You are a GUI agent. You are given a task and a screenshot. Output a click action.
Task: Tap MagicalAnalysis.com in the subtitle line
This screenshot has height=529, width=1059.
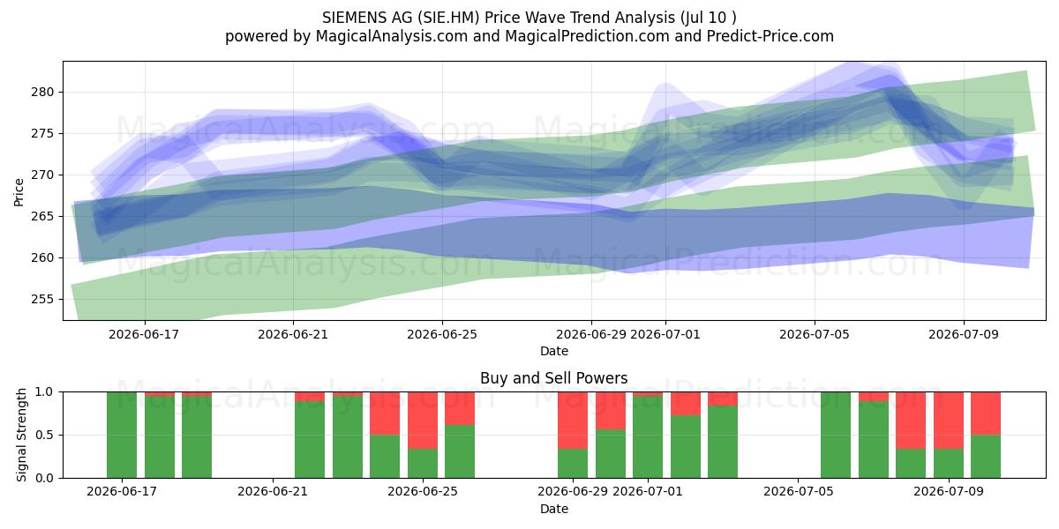pos(392,36)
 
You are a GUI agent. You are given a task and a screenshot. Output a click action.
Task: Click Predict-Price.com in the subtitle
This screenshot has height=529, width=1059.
pos(770,36)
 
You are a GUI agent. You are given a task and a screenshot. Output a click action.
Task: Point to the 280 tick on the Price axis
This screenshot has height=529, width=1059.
pos(42,92)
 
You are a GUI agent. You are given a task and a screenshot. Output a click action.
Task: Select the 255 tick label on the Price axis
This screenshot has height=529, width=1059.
pos(42,299)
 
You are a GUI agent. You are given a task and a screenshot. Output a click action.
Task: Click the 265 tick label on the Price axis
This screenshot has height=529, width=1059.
pos(42,216)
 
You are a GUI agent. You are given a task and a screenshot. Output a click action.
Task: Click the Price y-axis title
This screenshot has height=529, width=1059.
pos(19,192)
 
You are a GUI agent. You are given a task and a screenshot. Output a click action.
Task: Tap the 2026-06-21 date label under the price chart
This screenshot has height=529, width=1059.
pos(293,334)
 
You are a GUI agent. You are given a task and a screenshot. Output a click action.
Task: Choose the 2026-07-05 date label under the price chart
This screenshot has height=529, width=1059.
pos(814,334)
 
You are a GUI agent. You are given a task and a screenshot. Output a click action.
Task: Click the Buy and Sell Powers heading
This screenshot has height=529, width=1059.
pos(553,378)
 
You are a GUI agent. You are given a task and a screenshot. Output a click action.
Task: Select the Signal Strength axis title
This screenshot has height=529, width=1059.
pos(21,435)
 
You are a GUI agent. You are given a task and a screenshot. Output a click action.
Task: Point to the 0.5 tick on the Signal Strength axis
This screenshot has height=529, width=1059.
pos(44,435)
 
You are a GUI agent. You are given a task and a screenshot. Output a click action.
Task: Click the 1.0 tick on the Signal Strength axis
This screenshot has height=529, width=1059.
pos(44,392)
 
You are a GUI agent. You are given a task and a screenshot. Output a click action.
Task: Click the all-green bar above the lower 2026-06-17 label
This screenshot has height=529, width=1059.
pos(122,435)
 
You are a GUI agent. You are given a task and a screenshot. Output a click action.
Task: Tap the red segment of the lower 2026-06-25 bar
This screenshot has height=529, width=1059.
pos(423,421)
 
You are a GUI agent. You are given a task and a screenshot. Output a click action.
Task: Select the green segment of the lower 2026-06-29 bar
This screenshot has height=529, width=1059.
pos(573,464)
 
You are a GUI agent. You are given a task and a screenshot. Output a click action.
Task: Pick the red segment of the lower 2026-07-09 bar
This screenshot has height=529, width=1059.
pos(949,421)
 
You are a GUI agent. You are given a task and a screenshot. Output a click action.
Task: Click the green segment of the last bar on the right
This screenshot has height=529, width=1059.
pos(986,457)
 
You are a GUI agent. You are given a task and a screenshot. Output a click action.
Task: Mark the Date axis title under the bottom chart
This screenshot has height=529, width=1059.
pos(554,509)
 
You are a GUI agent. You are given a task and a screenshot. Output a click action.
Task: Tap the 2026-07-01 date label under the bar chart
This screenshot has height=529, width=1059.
pos(648,492)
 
